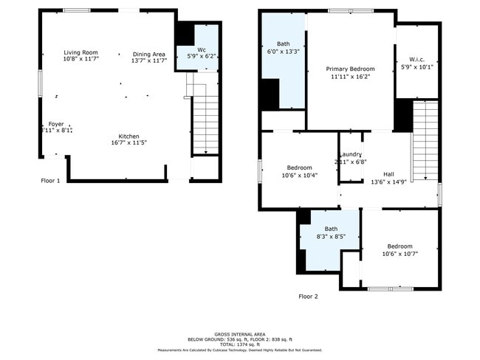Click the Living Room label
[x=81, y=53]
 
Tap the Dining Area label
[x=148, y=54]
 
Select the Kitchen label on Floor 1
[x=129, y=136]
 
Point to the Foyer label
[x=56, y=124]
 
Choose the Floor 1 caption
[x=50, y=180]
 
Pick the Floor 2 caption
[x=308, y=297]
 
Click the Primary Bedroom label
[x=350, y=69]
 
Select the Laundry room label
[x=350, y=154]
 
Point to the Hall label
[x=388, y=174]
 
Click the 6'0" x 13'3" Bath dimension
[x=284, y=52]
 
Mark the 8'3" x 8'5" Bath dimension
[x=331, y=237]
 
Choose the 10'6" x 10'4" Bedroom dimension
[x=300, y=175]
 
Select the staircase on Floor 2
[x=424, y=140]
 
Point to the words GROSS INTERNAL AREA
[x=240, y=334]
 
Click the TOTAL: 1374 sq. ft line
[x=240, y=345]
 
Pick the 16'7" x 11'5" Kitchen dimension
[x=129, y=143]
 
